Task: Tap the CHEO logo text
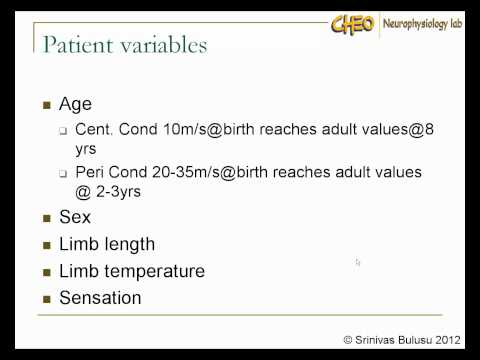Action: pyautogui.click(x=353, y=23)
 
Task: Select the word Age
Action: pyautogui.click(x=76, y=103)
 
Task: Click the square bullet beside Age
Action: pyautogui.click(x=47, y=104)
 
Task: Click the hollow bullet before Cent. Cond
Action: pyautogui.click(x=63, y=131)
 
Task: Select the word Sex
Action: pyautogui.click(x=75, y=217)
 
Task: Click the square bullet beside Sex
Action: pyautogui.click(x=47, y=218)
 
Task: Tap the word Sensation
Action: pyautogui.click(x=100, y=297)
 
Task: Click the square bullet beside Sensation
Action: pyautogui.click(x=47, y=298)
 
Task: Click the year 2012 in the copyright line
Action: pyautogui.click(x=447, y=340)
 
